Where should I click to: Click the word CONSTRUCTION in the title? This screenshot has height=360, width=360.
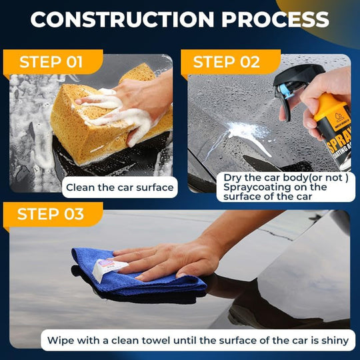coord(123,19)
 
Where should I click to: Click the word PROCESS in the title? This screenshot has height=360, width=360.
coord(275,19)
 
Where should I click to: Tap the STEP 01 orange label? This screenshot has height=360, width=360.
coord(51,63)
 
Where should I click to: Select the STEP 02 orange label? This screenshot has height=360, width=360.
coord(226,63)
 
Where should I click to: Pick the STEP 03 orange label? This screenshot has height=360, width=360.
coord(51,214)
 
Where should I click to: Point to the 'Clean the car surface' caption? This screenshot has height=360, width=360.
coord(119,187)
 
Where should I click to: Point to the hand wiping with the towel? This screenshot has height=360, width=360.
coord(173,257)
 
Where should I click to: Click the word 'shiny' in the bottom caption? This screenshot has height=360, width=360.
coord(333,340)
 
